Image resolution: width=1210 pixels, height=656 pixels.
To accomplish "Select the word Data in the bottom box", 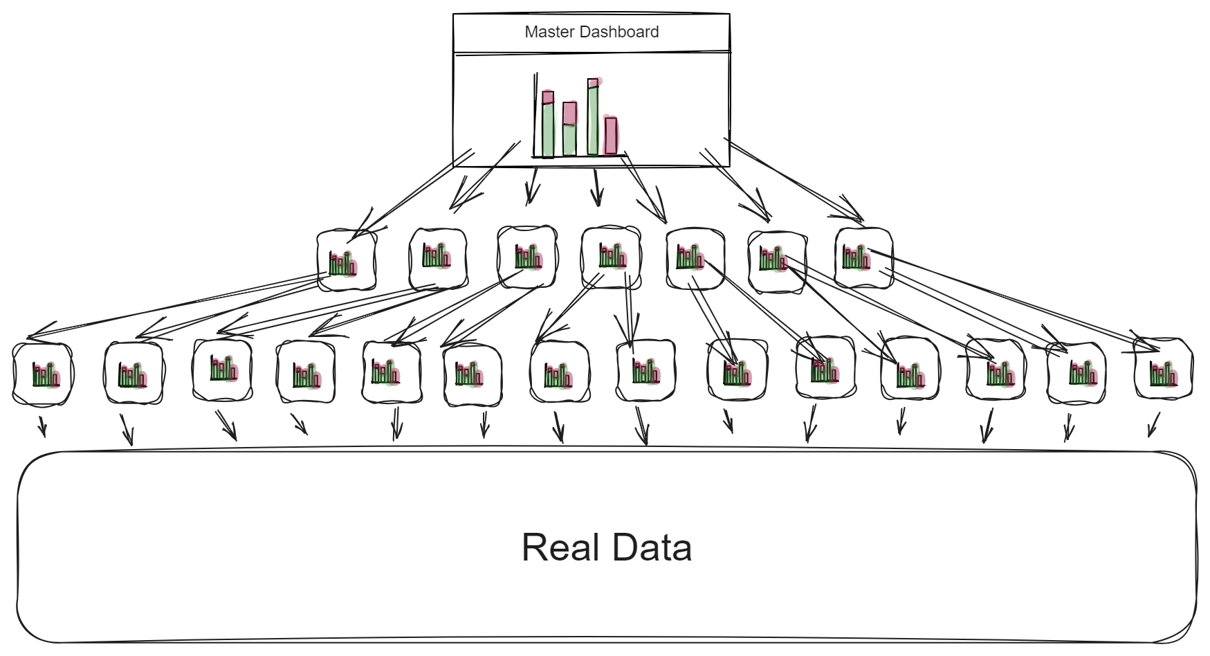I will pos(652,547).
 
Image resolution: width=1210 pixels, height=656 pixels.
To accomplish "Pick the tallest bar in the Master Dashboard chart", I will pos(593,118).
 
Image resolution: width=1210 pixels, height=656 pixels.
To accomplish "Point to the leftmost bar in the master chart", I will pos(548,125).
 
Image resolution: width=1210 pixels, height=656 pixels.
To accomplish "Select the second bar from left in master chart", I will pos(569,129).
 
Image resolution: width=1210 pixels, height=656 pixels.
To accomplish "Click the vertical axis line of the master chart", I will pos(535,114).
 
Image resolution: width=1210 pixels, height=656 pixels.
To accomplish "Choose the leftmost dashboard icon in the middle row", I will pos(347,260).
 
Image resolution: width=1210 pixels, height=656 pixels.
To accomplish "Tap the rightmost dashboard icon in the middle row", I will pos(863,258).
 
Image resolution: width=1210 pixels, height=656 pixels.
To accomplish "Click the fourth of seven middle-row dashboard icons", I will pos(611,257).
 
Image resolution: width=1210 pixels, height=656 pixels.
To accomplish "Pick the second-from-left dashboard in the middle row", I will pos(438,258).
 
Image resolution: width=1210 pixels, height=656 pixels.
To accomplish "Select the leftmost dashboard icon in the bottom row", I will pos(43,374).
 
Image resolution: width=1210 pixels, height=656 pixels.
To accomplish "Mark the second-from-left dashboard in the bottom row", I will pos(134,374).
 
